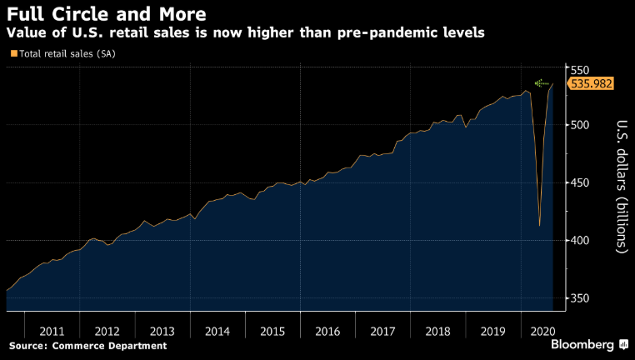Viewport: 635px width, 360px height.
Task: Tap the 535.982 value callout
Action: click(592, 83)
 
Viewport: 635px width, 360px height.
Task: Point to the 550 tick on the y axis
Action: click(581, 69)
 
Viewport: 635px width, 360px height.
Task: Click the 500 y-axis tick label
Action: click(581, 125)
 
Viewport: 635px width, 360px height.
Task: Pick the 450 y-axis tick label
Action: click(581, 183)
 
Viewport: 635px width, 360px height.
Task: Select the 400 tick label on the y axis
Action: click(581, 241)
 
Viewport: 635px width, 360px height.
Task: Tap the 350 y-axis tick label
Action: click(581, 298)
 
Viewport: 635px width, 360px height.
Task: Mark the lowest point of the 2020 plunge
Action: click(540, 225)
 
